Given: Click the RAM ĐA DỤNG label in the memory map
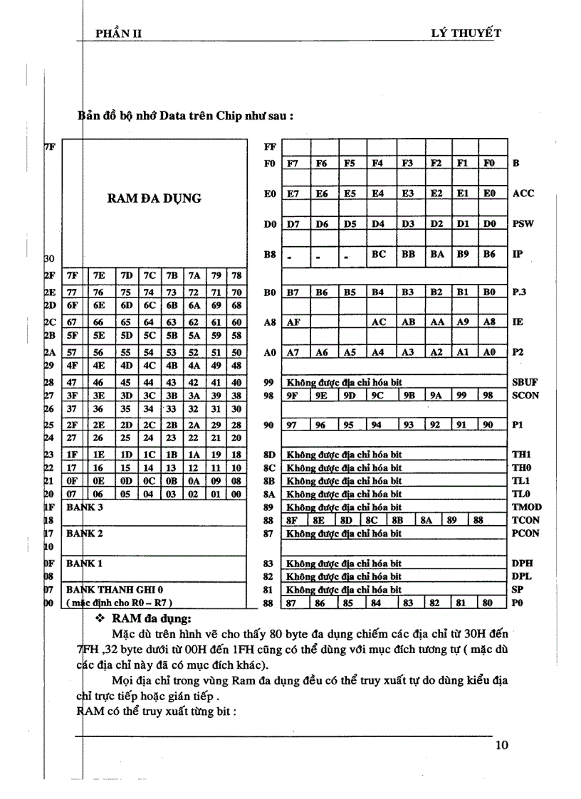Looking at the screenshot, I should pyautogui.click(x=154, y=199).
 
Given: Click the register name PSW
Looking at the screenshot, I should pyautogui.click(x=523, y=223).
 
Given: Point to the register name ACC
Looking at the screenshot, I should pyautogui.click(x=523, y=194).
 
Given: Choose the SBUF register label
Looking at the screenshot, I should pyautogui.click(x=525, y=382).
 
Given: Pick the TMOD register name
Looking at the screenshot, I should pyautogui.click(x=526, y=507).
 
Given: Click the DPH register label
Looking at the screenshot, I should pyautogui.click(x=523, y=563).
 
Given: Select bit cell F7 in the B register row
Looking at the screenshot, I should pyautogui.click(x=293, y=163).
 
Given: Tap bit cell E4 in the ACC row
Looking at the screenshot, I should pyautogui.click(x=379, y=194).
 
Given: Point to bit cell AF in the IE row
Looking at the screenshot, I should pyautogui.click(x=293, y=322).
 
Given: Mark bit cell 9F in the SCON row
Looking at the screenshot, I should pyautogui.click(x=293, y=396).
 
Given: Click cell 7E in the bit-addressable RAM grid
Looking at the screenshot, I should pyautogui.click(x=99, y=275).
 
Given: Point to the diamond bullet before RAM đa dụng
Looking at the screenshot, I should pyautogui.click(x=100, y=620).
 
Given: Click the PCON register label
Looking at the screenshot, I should pyautogui.click(x=525, y=534).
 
